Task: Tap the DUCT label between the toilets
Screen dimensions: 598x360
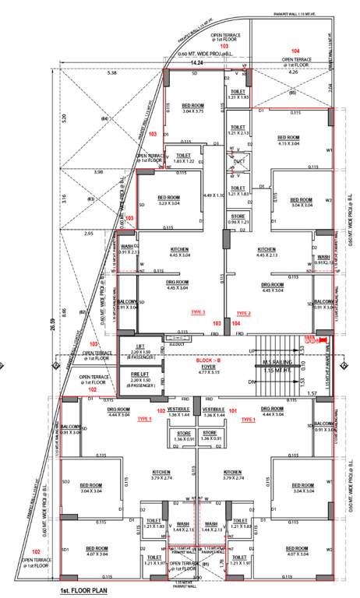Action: [237, 161]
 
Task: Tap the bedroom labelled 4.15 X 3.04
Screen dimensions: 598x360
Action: [293, 140]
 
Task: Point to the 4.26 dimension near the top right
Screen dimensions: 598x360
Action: [292, 72]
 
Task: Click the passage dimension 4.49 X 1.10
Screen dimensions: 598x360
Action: [214, 195]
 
